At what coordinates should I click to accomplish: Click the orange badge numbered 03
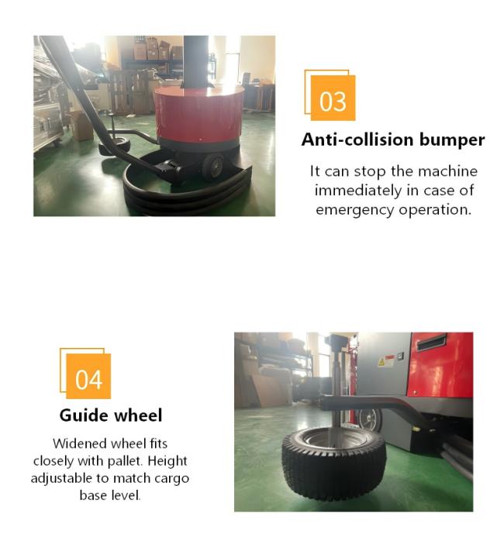tap(333, 98)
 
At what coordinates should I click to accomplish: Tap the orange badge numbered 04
tap(88, 376)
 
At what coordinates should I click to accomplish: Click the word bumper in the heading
tap(451, 139)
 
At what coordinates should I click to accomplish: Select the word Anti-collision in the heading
tap(357, 139)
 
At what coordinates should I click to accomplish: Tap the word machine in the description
tap(447, 171)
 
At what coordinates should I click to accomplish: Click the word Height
tap(167, 461)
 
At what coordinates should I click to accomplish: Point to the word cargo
tap(172, 479)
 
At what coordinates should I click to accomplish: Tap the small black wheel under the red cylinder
tap(212, 167)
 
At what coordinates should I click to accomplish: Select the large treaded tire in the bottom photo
tap(333, 463)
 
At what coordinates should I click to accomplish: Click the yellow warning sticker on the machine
tap(381, 363)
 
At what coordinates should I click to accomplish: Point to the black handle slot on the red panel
tap(431, 343)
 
